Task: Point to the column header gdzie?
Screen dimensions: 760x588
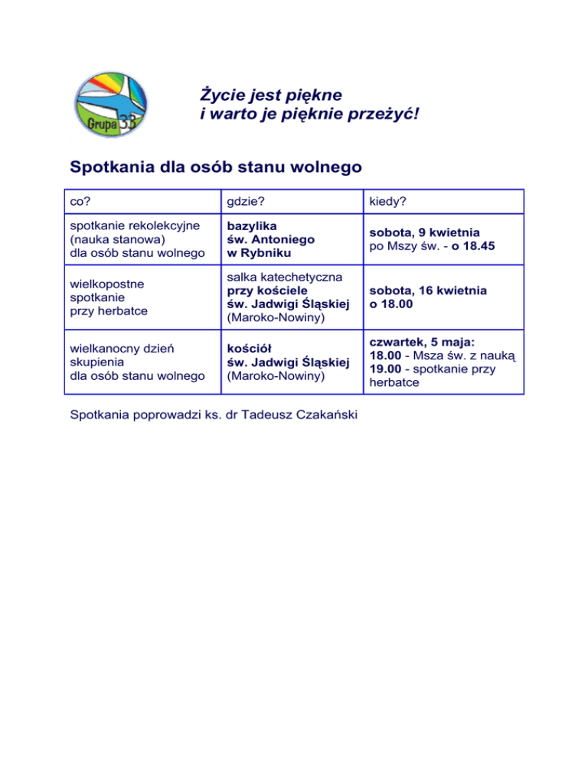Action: point(243,203)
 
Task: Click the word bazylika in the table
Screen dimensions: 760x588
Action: point(250,226)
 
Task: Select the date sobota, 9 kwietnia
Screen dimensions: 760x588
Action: point(424,232)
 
